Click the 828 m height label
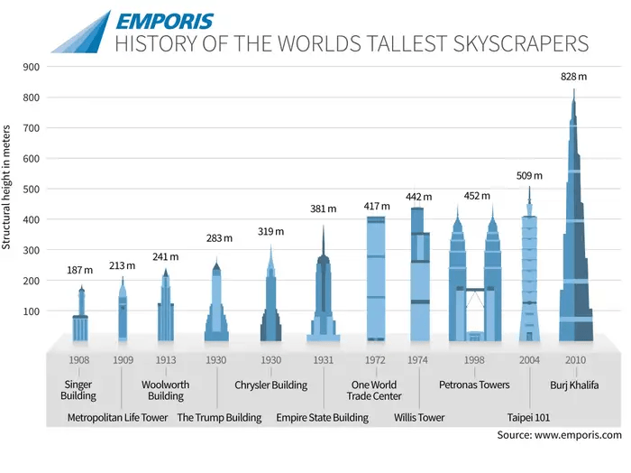[x=573, y=77]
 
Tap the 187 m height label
[x=80, y=270]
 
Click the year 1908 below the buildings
[x=78, y=360]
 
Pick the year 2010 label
[x=574, y=360]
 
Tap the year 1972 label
[x=374, y=360]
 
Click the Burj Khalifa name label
[x=574, y=385]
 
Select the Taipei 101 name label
[x=528, y=418]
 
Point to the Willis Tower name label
[x=419, y=418]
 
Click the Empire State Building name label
[x=322, y=418]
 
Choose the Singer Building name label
[x=78, y=391]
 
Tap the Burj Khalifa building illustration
[x=575, y=253]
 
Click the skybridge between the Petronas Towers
[x=474, y=290]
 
